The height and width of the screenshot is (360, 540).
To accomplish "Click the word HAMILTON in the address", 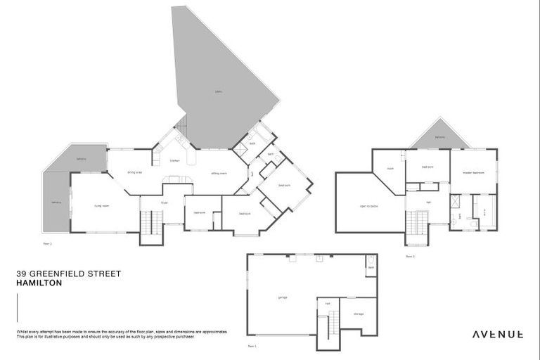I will [39, 283].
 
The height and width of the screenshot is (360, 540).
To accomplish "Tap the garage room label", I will [283, 297].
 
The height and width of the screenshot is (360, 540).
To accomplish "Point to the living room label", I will [102, 205].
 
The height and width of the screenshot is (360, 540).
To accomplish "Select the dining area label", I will [135, 172].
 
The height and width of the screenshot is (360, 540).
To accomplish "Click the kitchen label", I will [175, 160].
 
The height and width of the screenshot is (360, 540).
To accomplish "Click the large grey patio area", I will [218, 84].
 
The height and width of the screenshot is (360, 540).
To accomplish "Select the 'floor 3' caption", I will [410, 256].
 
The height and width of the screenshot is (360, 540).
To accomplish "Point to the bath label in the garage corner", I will [371, 268].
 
